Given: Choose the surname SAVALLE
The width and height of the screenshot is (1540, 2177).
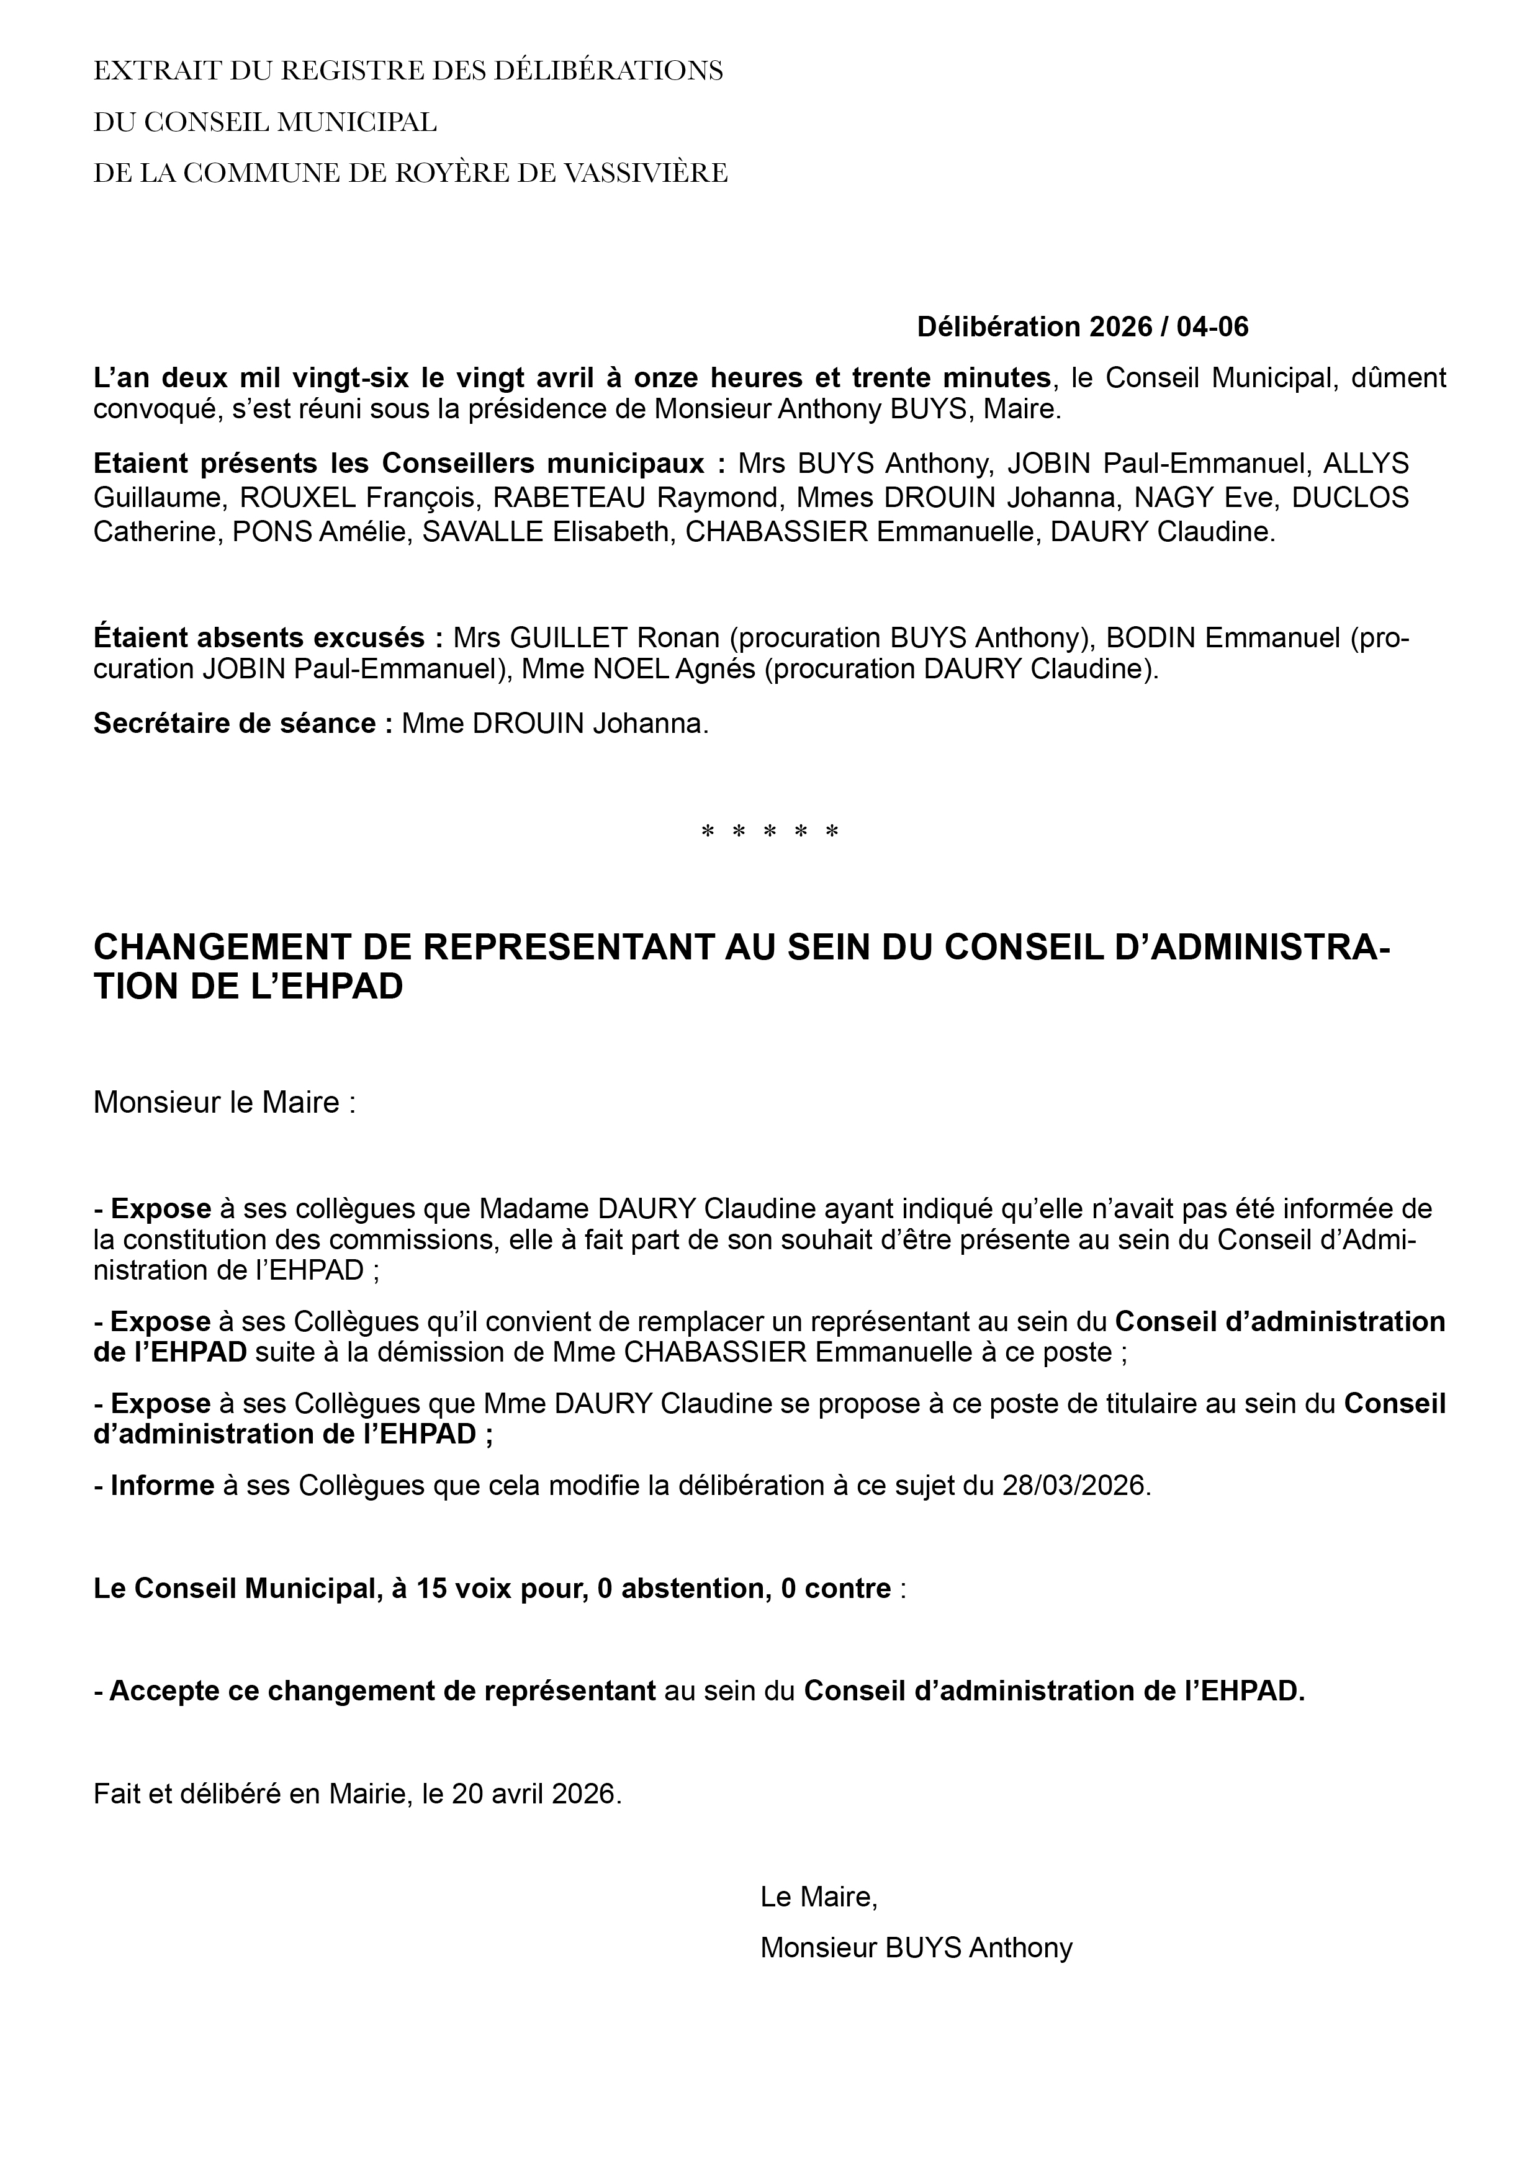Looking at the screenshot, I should (483, 532).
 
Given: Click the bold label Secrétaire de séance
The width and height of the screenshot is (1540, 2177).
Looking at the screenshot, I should (243, 724).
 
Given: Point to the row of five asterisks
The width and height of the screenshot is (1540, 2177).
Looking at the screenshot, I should (770, 833).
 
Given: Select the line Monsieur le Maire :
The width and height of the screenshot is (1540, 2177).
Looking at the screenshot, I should (225, 1103).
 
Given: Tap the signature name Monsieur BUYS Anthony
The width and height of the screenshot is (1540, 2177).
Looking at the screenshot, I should (916, 1947).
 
